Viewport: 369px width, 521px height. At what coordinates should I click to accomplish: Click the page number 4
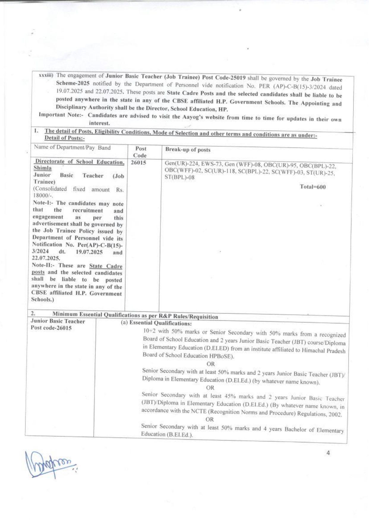[328, 453]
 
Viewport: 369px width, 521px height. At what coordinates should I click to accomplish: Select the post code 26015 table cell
[138, 163]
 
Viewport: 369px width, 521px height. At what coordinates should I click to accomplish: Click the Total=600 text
[313, 187]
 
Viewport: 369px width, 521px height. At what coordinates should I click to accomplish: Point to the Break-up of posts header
[188, 150]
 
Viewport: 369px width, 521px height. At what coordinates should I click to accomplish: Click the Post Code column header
[140, 152]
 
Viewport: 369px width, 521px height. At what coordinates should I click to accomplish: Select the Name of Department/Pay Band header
[72, 148]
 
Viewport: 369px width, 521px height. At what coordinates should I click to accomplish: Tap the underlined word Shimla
[42, 168]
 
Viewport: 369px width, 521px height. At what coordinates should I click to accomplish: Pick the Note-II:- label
[44, 265]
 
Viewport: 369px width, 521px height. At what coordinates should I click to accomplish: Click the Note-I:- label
[43, 203]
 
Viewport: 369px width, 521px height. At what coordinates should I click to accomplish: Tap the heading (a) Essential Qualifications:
[156, 323]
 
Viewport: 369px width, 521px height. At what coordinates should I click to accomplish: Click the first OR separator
[211, 364]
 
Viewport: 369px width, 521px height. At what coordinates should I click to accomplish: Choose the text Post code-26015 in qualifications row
[51, 328]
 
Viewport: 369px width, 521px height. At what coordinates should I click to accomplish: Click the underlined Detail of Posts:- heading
[64, 138]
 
